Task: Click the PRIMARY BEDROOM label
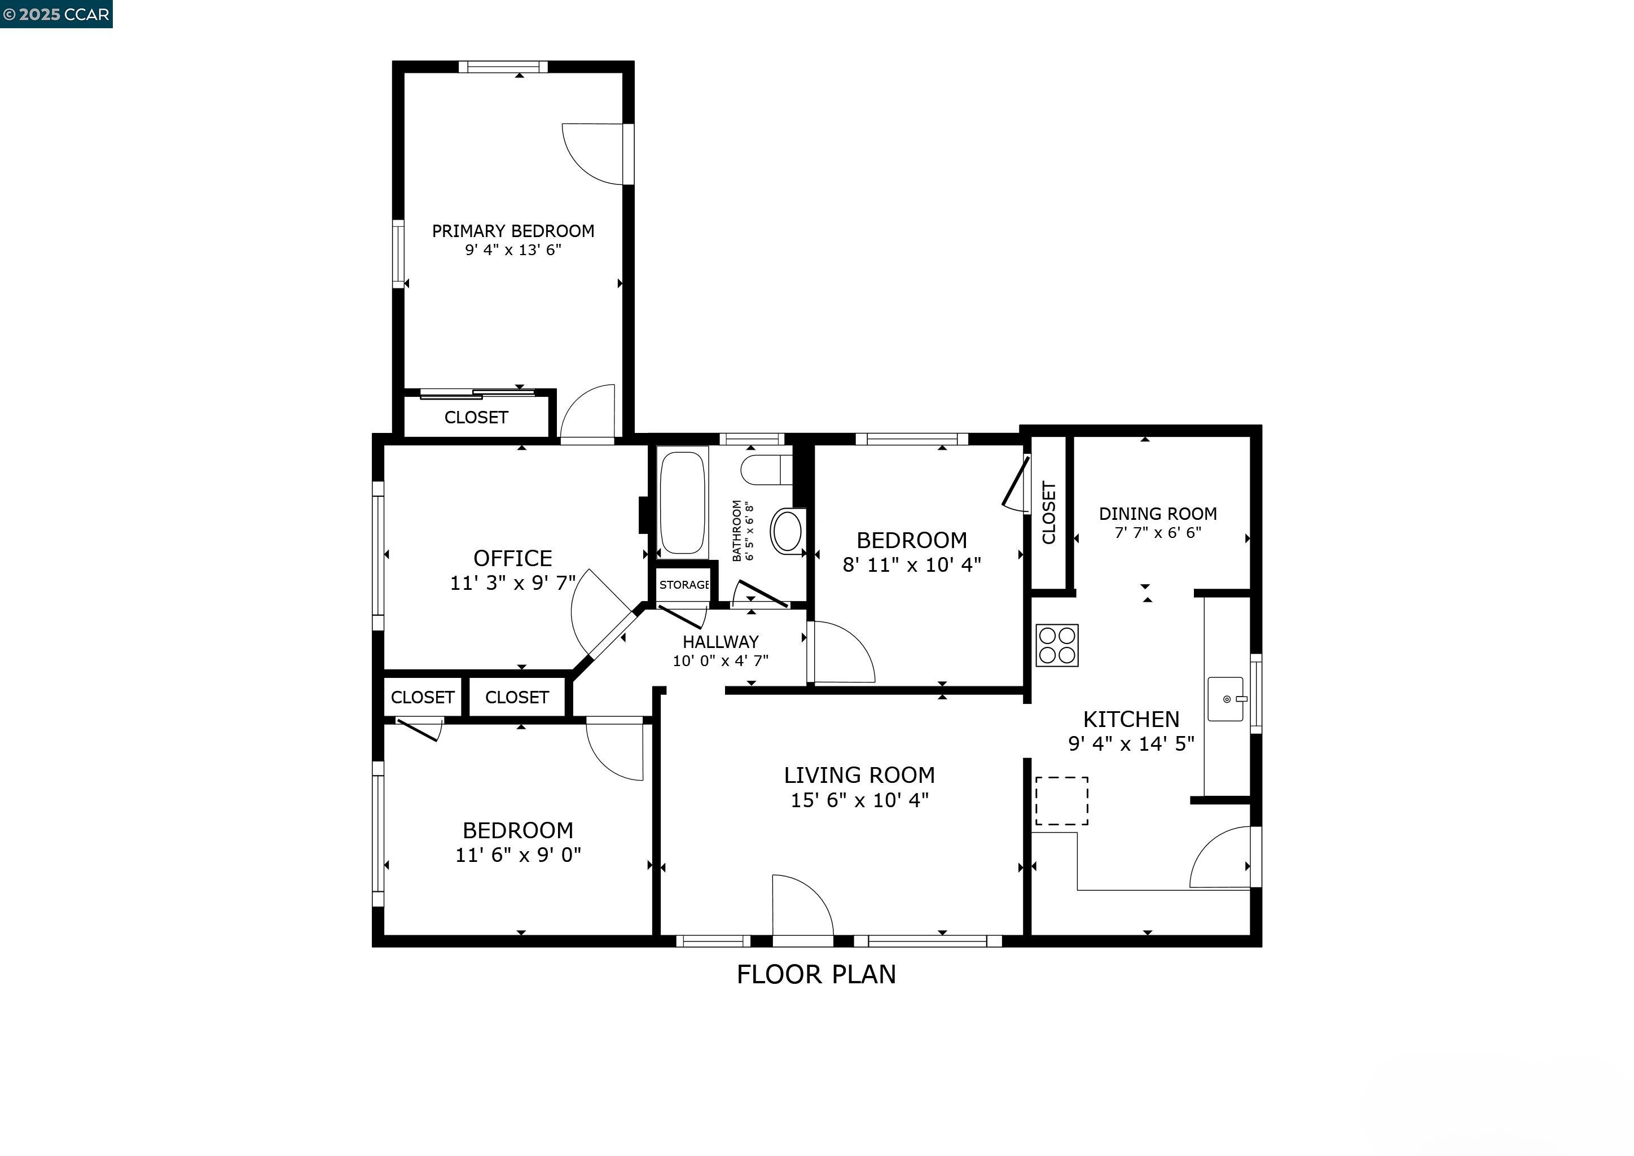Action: coord(513,231)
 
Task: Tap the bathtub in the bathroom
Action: coord(683,502)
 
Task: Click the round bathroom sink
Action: coord(787,531)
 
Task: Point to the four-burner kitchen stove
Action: coord(1057,646)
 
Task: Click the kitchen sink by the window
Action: coord(1225,699)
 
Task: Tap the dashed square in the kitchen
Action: coord(1061,801)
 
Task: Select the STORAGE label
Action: coord(684,585)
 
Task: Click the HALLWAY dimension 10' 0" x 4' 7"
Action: coord(720,660)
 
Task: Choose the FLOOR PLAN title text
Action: coord(816,974)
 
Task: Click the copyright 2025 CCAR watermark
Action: coord(56,14)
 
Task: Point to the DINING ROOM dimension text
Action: coord(1157,532)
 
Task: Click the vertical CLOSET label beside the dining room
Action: coord(1048,513)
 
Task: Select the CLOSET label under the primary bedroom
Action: coord(476,418)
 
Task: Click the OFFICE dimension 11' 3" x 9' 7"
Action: coord(512,583)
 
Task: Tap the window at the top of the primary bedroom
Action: coord(503,67)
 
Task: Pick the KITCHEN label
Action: coord(1131,719)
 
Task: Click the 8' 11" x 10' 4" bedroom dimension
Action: coord(912,565)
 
